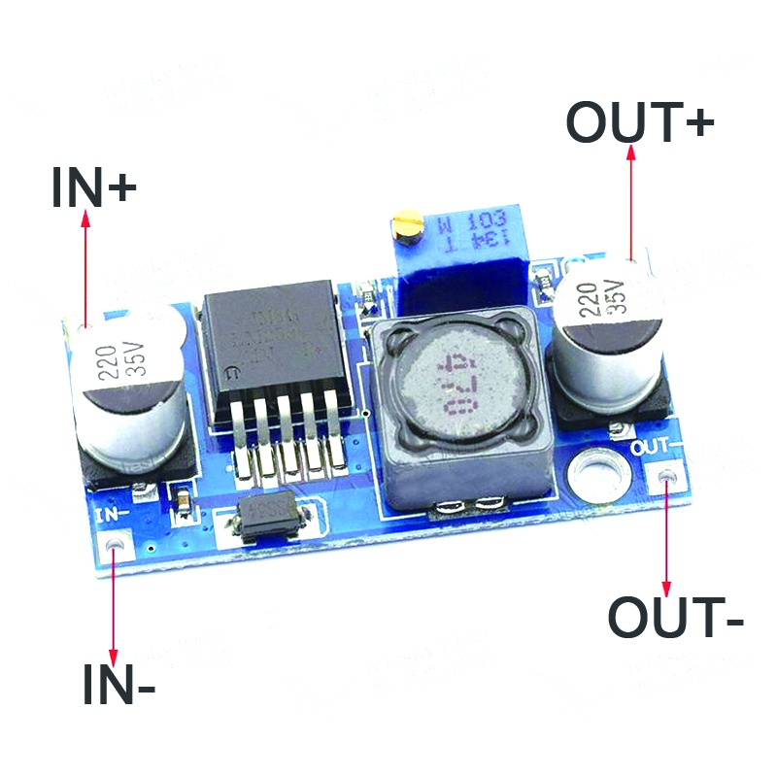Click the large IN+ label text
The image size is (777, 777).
(x=93, y=187)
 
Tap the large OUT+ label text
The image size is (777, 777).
(x=640, y=123)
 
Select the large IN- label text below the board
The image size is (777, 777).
(x=118, y=685)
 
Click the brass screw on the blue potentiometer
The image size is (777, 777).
(x=406, y=229)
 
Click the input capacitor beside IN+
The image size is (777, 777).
(x=125, y=388)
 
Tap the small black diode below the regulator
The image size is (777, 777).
(x=273, y=511)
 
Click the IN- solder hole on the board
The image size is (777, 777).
(x=116, y=547)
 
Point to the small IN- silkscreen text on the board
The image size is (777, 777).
(x=114, y=513)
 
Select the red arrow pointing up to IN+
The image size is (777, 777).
(x=85, y=272)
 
